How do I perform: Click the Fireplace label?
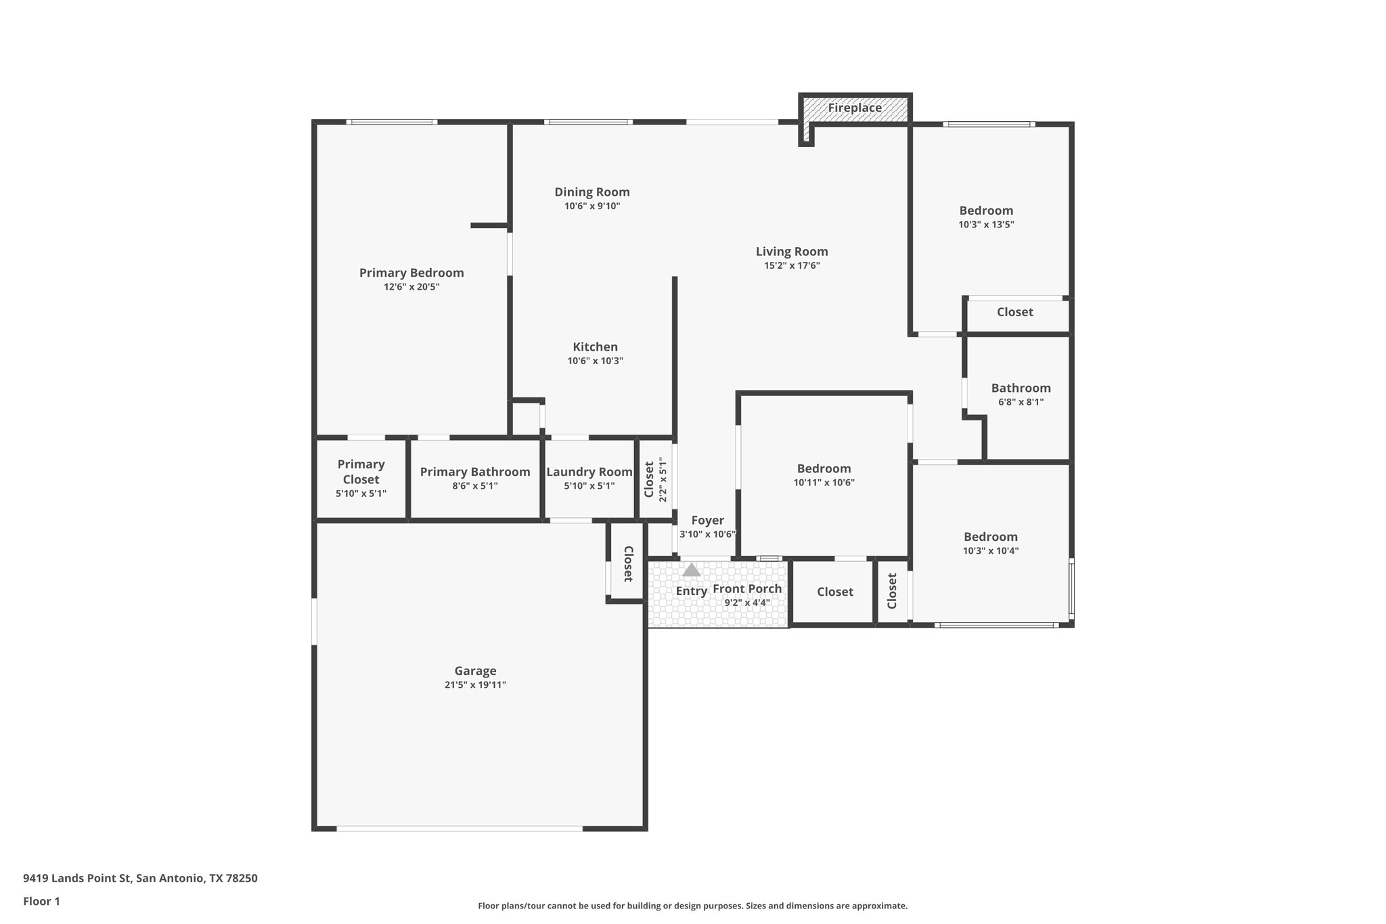click(855, 108)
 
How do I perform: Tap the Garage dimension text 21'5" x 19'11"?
click(475, 685)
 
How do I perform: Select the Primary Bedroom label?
click(411, 273)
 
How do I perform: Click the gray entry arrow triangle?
click(691, 570)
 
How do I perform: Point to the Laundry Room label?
click(589, 472)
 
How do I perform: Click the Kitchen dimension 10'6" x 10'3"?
click(595, 361)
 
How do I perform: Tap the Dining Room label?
click(592, 192)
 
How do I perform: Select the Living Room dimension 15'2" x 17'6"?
click(792, 266)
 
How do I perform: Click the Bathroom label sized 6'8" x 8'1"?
click(1021, 388)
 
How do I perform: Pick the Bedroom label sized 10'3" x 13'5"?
click(986, 211)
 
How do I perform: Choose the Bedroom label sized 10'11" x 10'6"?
click(824, 468)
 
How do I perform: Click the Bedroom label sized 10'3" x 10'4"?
click(990, 537)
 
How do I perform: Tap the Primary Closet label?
click(361, 472)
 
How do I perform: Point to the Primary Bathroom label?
click(475, 472)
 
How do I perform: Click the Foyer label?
click(707, 521)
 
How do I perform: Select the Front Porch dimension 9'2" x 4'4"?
click(747, 602)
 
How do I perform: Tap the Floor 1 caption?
click(41, 901)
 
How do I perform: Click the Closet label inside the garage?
click(627, 563)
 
